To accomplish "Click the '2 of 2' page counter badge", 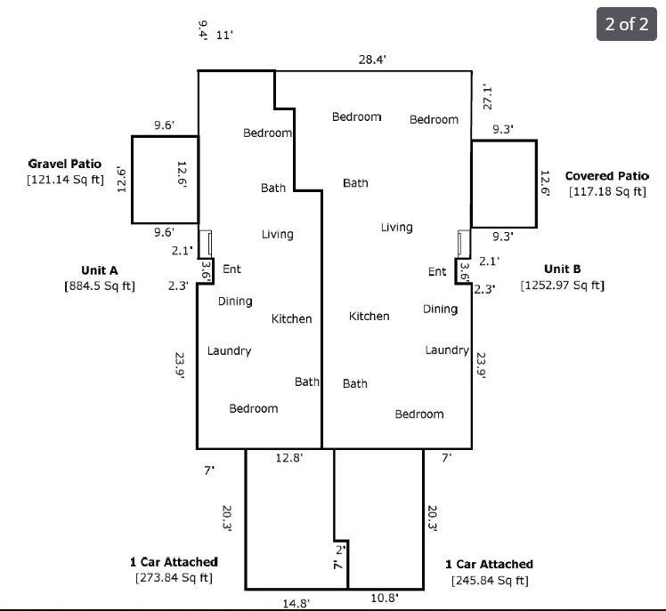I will (x=627, y=24).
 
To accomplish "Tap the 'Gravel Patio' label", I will (x=65, y=164).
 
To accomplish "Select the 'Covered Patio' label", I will (x=606, y=176).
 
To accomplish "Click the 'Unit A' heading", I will (x=100, y=270).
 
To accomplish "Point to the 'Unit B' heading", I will (x=562, y=269).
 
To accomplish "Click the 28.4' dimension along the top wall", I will (x=372, y=60).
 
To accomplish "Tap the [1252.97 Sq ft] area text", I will (x=562, y=285).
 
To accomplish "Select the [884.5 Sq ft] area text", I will (x=100, y=286).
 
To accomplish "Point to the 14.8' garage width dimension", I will (x=296, y=604).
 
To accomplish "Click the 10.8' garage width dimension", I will (x=385, y=598).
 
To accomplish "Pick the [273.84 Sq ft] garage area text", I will (x=174, y=578).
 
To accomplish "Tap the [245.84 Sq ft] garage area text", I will (x=489, y=581).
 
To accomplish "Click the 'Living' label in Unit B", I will (x=396, y=228).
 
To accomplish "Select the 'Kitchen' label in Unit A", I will (x=292, y=318).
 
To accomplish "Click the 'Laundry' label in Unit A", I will (x=229, y=351).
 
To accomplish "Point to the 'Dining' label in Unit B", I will (x=440, y=310).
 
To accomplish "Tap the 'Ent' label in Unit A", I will (x=231, y=269).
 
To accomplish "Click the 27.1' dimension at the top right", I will (x=488, y=96).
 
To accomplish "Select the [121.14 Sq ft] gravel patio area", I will (x=65, y=180).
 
